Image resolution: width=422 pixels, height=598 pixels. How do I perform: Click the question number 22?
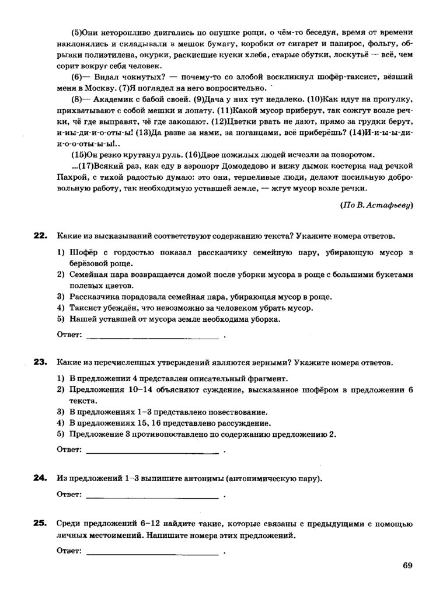(40, 235)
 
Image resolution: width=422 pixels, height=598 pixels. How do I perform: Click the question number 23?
(40, 362)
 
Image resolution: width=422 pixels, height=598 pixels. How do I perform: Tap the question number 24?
(40, 478)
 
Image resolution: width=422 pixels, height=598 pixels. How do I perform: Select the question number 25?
(40, 523)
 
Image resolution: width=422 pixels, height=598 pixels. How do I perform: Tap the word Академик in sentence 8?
(99, 99)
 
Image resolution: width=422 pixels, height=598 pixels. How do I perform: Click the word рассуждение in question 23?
(239, 423)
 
